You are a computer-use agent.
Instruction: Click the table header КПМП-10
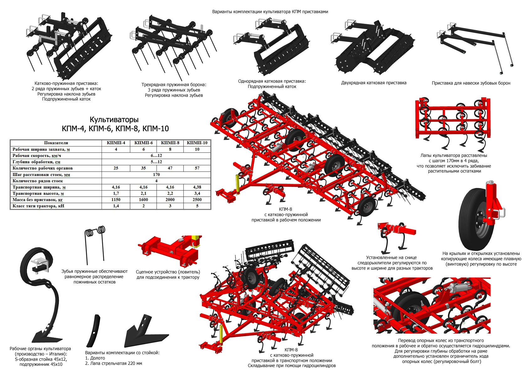click(197, 143)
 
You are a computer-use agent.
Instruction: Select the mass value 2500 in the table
click(197, 199)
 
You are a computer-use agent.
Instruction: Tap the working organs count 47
click(170, 168)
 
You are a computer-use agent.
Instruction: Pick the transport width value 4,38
click(197, 187)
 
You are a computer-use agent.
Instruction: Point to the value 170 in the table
click(156, 174)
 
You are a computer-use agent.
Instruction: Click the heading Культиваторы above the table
click(114, 120)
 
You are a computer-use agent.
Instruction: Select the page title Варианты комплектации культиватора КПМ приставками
click(270, 12)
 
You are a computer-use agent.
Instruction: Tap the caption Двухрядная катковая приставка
click(374, 83)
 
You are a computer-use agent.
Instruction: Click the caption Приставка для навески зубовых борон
click(471, 83)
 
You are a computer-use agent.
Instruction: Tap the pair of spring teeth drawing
click(95, 244)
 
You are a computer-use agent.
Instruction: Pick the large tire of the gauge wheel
click(473, 219)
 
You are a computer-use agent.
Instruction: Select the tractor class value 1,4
click(116, 206)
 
